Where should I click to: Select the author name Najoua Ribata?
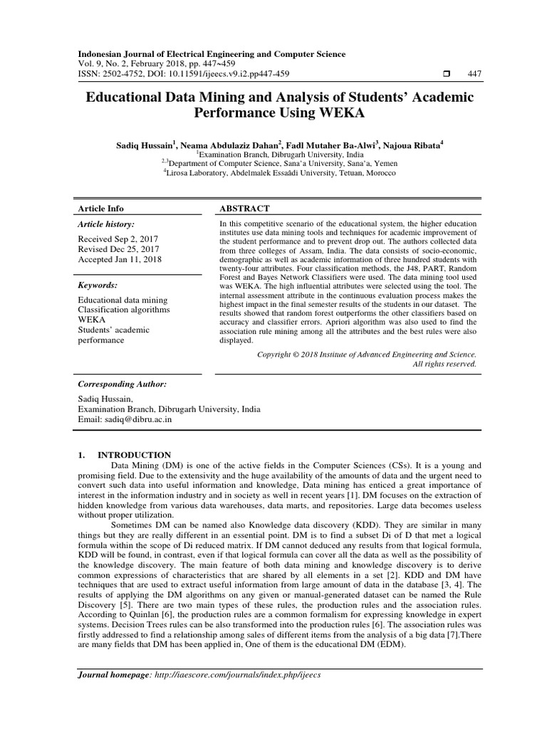(x=411, y=145)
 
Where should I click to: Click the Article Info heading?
(x=100, y=208)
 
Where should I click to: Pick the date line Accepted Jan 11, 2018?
(x=119, y=260)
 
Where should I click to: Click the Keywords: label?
(x=98, y=285)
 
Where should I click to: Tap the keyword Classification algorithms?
(x=123, y=310)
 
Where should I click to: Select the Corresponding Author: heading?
(x=122, y=384)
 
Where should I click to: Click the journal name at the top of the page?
(x=212, y=54)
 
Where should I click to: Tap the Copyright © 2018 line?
(x=366, y=353)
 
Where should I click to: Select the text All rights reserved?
(x=444, y=364)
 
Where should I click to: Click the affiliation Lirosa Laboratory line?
(x=279, y=173)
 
